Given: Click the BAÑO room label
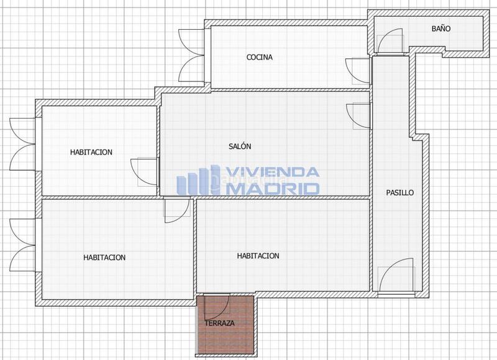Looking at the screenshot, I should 441,29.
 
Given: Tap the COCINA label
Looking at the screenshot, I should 260,58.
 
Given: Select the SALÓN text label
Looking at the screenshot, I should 240,147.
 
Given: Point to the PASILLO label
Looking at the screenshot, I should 399,193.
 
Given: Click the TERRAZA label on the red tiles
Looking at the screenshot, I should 220,324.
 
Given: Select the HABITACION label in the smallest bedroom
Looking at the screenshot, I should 91,151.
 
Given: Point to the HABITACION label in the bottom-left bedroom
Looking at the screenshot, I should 104,257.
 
